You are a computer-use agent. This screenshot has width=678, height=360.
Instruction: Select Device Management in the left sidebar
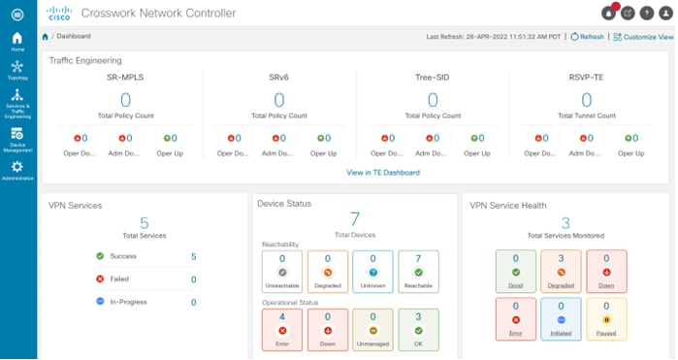17,138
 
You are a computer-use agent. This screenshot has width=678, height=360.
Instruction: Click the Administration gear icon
17,168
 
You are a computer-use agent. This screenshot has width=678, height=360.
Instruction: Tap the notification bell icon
609,13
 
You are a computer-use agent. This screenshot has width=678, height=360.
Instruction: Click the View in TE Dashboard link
383,172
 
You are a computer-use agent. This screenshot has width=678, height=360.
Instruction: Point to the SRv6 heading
279,76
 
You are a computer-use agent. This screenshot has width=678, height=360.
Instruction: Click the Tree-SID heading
434,76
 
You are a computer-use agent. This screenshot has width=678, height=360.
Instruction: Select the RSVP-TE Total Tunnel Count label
587,115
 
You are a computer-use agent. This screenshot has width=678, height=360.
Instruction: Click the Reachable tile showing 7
418,271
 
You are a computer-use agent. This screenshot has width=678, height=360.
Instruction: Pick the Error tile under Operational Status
281,329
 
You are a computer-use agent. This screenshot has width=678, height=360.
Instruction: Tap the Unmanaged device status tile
372,329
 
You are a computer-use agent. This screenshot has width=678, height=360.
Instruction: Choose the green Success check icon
100,256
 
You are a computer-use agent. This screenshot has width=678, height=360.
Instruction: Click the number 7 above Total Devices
354,217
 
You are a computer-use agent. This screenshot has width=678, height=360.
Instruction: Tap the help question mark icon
646,13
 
